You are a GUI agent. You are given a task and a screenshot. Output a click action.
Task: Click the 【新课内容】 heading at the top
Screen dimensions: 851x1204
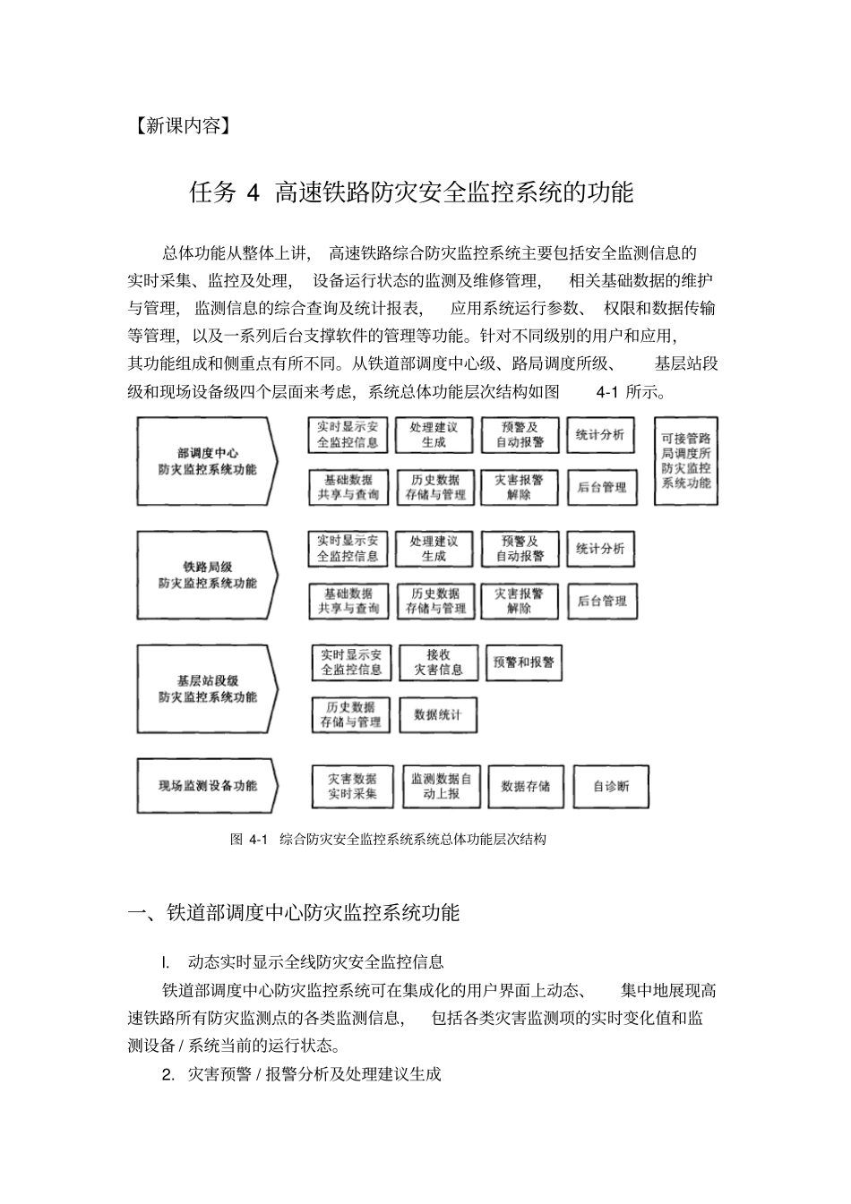pyautogui.click(x=181, y=126)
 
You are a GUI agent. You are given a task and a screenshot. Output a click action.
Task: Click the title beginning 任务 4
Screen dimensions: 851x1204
pyautogui.click(x=411, y=192)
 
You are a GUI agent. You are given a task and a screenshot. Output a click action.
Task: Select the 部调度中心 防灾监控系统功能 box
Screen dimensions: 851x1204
pyautogui.click(x=207, y=461)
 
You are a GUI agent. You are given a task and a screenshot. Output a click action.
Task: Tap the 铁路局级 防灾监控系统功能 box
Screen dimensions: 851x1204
pyautogui.click(x=207, y=575)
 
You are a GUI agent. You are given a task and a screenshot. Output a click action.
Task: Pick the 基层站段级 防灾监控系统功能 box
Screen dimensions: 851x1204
pyautogui.click(x=207, y=688)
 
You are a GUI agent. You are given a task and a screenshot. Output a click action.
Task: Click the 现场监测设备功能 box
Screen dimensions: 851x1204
pyautogui.click(x=207, y=786)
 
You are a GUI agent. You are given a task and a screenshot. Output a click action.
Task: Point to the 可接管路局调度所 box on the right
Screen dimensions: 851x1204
pyautogui.click(x=685, y=461)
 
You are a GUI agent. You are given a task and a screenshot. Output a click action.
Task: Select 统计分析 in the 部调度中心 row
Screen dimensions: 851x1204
pyautogui.click(x=600, y=435)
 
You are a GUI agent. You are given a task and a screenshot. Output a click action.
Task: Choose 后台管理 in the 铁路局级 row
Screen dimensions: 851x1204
pyautogui.click(x=602, y=601)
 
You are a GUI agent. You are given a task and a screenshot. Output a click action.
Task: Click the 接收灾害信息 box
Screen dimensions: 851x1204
pyautogui.click(x=438, y=662)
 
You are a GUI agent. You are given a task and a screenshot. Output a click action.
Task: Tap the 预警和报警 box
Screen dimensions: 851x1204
pyautogui.click(x=523, y=662)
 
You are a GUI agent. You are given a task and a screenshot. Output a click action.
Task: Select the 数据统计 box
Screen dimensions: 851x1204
pyautogui.click(x=437, y=714)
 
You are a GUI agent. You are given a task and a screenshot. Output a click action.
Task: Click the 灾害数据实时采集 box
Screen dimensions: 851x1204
pyautogui.click(x=352, y=786)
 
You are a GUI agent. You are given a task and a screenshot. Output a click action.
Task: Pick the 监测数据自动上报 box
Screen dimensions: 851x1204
pyautogui.click(x=441, y=786)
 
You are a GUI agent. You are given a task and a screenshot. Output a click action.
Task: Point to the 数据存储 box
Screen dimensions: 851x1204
pyautogui.click(x=526, y=786)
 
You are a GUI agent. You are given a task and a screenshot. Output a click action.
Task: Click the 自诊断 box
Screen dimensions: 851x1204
pyautogui.click(x=611, y=786)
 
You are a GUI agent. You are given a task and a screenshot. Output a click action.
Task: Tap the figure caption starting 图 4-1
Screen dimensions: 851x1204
pyautogui.click(x=388, y=839)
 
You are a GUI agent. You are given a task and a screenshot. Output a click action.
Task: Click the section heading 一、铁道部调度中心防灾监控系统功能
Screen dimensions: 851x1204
pyautogui.click(x=294, y=912)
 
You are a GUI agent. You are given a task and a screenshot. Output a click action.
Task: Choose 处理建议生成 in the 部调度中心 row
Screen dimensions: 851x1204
pyautogui.click(x=434, y=435)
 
